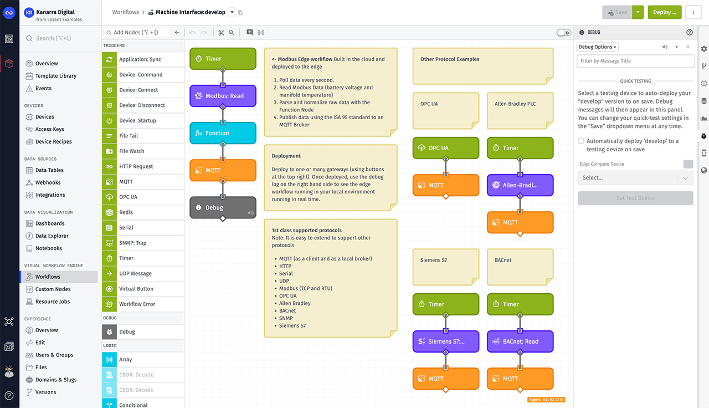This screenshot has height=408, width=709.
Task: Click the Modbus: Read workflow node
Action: click(223, 96)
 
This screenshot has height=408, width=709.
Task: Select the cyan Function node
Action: click(223, 133)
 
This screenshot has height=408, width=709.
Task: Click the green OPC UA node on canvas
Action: click(445, 148)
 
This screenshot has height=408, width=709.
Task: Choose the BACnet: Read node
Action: click(520, 341)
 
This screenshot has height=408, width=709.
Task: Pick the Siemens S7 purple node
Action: click(445, 341)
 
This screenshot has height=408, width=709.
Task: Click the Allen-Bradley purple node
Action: click(520, 185)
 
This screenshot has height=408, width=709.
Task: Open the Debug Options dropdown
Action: click(598, 47)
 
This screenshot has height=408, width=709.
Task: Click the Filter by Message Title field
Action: click(635, 61)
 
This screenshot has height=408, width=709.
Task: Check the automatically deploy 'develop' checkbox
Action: click(580, 141)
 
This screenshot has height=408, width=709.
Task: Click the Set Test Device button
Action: click(635, 198)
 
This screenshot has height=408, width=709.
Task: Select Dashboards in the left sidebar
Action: click(50, 223)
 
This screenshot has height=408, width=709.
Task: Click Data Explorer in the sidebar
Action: click(52, 236)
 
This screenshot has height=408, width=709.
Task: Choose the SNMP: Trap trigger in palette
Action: click(133, 243)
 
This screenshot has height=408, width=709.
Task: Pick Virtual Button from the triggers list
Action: click(136, 289)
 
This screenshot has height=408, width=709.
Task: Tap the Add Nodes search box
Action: click(138, 33)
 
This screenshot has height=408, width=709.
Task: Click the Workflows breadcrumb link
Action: click(126, 12)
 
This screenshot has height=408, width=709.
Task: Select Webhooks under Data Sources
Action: click(48, 182)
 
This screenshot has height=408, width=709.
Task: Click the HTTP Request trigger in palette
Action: click(136, 166)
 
